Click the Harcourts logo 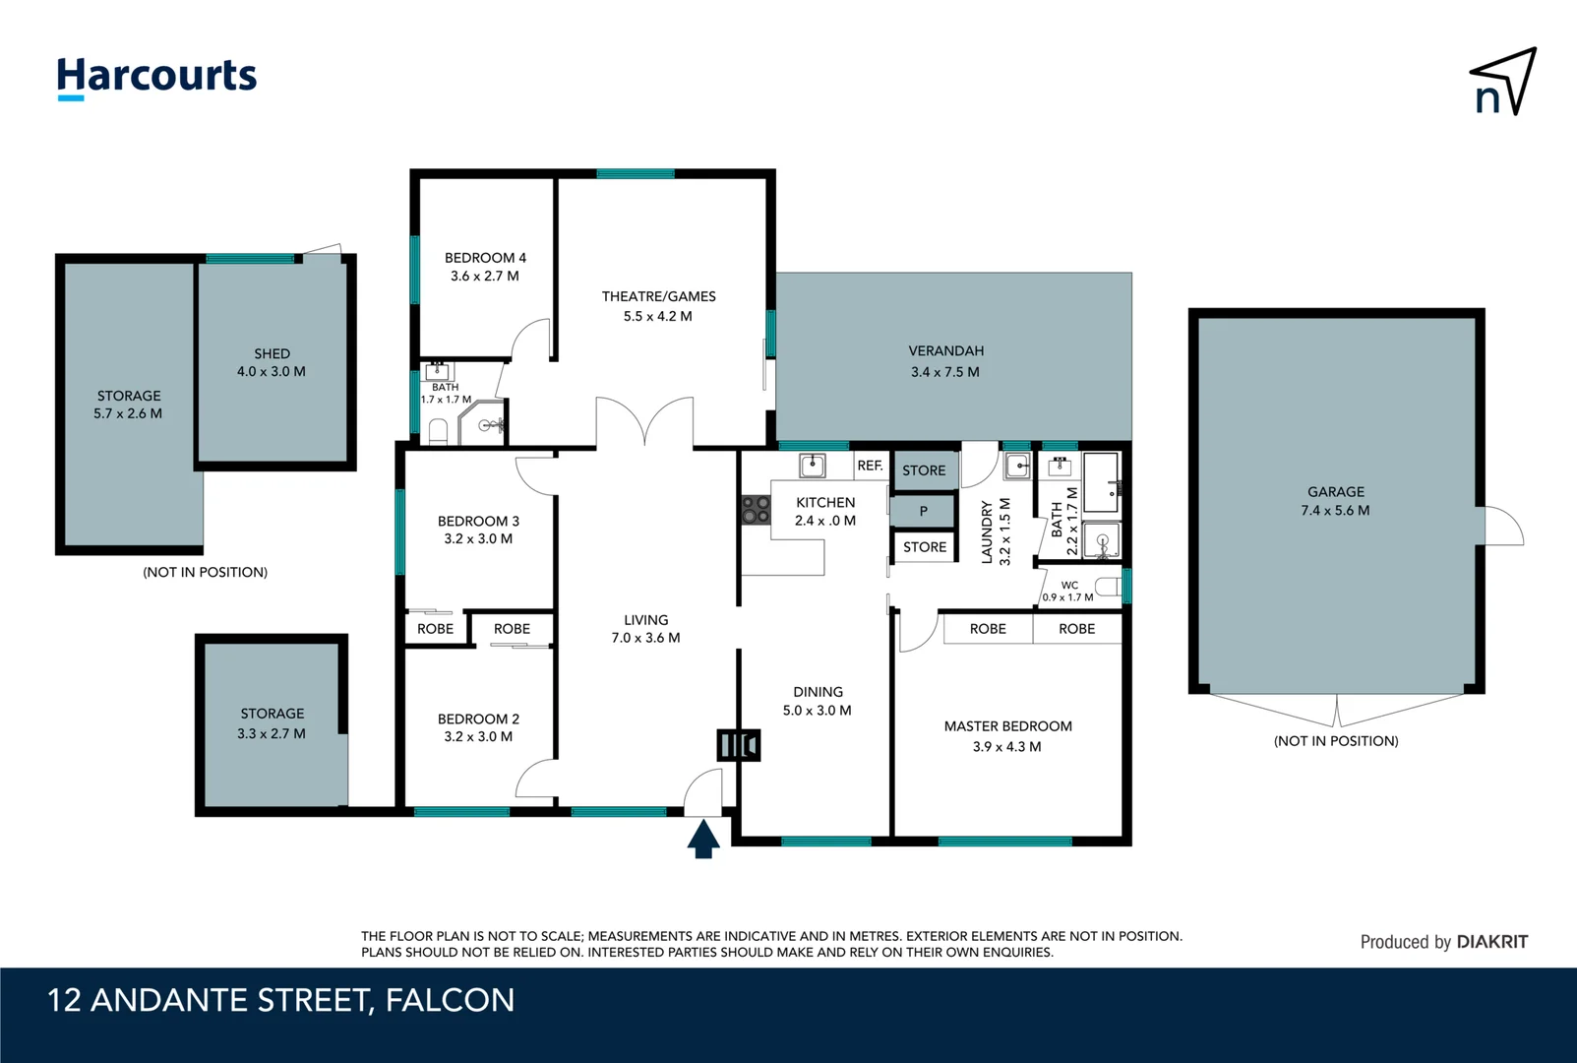[156, 77]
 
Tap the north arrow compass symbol [1502, 83]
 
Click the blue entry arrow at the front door [702, 840]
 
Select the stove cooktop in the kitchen [756, 509]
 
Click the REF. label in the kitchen [870, 466]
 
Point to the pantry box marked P [923, 511]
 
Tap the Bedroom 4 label [485, 258]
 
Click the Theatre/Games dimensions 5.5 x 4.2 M [657, 316]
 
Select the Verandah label [945, 350]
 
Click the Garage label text [1335, 491]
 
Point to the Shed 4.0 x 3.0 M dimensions [271, 371]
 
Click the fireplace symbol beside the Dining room [738, 744]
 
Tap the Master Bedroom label [1007, 726]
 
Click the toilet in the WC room [1109, 588]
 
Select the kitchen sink [812, 465]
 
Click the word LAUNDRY [987, 531]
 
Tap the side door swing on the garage [1502, 528]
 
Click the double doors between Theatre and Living [644, 421]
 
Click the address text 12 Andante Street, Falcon [281, 1000]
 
